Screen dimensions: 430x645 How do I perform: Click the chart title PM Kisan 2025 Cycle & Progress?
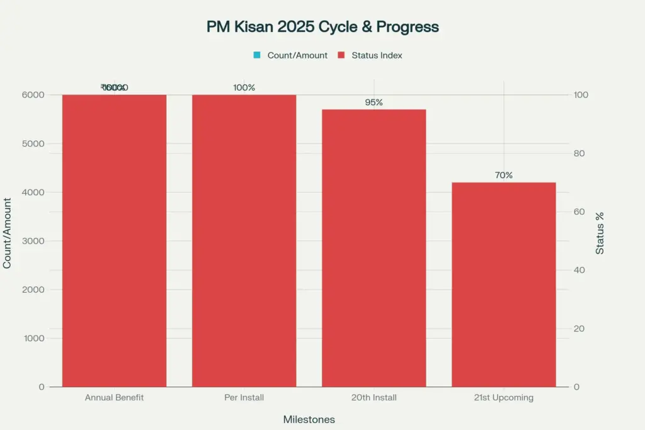click(x=322, y=27)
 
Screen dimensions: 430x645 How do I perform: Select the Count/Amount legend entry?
click(x=290, y=55)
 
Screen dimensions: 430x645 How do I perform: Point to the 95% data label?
click(x=374, y=103)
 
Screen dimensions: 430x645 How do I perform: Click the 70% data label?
click(x=503, y=176)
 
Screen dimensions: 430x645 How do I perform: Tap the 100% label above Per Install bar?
click(x=244, y=88)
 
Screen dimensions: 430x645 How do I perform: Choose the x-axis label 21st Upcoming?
click(x=503, y=398)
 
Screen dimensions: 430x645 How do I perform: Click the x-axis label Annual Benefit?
click(x=114, y=398)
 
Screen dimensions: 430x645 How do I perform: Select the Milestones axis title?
click(x=309, y=419)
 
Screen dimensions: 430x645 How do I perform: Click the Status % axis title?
click(x=600, y=233)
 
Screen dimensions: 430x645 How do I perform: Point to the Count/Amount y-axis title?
click(x=8, y=233)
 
